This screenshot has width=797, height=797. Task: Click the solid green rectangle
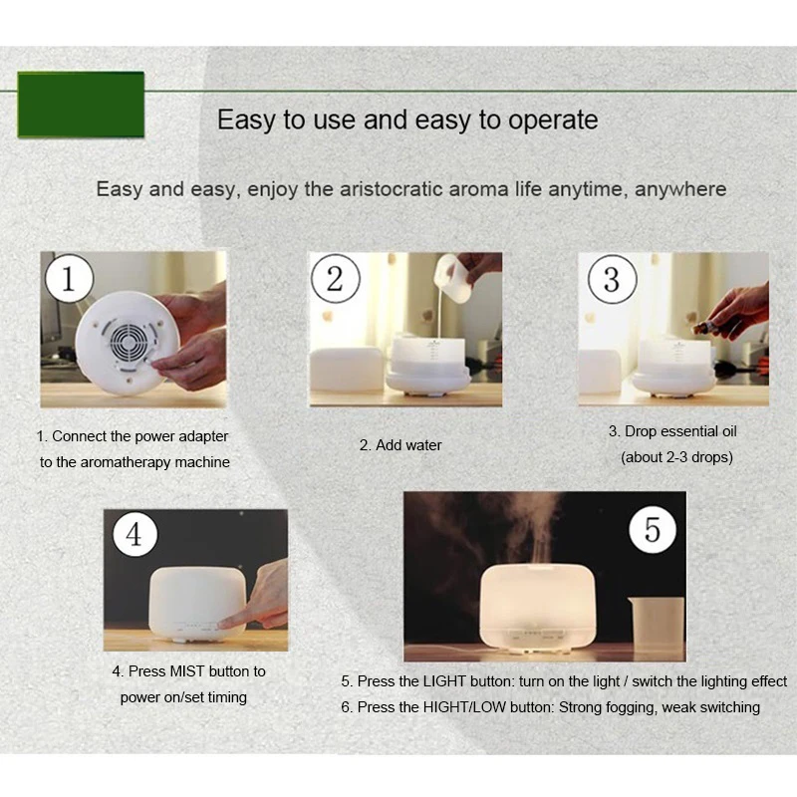81,105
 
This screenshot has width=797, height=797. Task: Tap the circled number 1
69,279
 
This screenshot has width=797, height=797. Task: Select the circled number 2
336,279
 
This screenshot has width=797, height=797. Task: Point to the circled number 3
612,279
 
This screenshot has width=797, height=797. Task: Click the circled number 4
135,534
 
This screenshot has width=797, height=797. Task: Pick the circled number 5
653,530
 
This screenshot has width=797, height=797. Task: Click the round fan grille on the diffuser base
130,342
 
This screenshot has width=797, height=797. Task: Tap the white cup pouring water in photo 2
454,279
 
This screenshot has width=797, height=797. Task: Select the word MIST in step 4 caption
187,671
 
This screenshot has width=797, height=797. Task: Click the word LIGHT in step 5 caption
444,681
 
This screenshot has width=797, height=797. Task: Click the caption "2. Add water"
400,445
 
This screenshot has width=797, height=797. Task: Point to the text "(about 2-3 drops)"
676,457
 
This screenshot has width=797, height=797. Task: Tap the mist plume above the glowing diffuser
534,529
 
